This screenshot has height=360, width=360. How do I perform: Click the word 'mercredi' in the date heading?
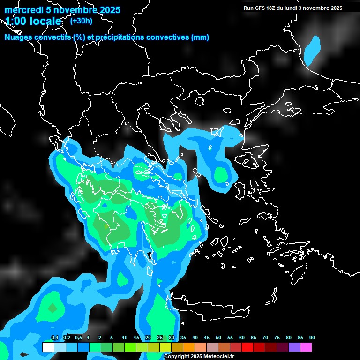click(x=24, y=10)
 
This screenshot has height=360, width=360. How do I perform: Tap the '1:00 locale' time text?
click(x=33, y=22)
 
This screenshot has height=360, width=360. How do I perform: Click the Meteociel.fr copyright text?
click(x=199, y=357)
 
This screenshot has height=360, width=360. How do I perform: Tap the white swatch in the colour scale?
click(x=48, y=347)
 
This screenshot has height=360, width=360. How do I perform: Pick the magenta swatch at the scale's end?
click(x=306, y=347)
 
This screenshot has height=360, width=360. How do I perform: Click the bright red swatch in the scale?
click(x=247, y=347)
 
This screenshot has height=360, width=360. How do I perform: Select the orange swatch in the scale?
click(x=189, y=347)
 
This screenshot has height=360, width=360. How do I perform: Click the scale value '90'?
click(x=312, y=338)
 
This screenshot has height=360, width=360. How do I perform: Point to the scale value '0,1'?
click(x=54, y=338)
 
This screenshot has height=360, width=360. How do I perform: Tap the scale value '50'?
click(x=218, y=338)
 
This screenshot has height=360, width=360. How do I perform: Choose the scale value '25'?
click(x=160, y=338)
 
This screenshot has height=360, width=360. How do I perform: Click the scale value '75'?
click(x=277, y=338)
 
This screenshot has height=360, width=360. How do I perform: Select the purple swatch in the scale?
click(x=294, y=347)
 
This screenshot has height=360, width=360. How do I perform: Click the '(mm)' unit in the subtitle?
click(x=200, y=37)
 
